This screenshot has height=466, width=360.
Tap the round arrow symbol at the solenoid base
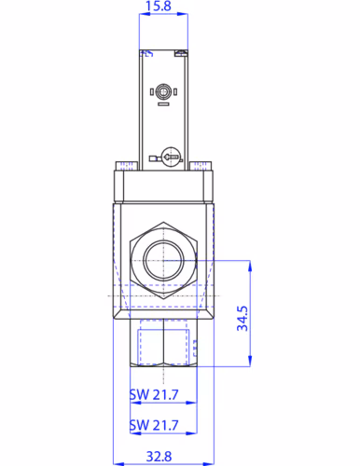tap(169, 158)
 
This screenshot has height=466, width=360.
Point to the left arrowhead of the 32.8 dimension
tap(116, 464)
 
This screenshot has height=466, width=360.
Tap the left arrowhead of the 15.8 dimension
tap(141, 21)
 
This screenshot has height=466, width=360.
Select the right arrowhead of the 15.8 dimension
tap(186, 21)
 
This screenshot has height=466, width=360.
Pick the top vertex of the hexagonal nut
tap(162, 223)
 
